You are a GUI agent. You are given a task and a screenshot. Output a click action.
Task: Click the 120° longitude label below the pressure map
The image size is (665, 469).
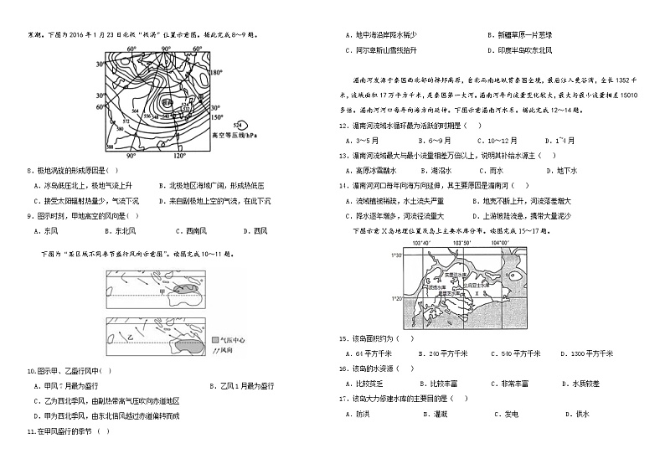(178, 156)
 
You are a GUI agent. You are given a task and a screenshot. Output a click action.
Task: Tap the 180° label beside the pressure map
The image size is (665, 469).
(219, 73)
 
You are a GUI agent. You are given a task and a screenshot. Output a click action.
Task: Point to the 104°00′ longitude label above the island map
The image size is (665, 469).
(501, 243)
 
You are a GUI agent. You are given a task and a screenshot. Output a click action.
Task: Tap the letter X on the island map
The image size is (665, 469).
(474, 294)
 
